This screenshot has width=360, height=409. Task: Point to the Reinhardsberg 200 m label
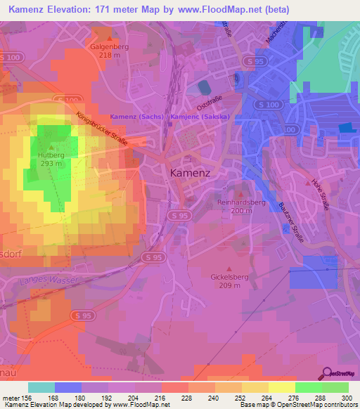(242, 206)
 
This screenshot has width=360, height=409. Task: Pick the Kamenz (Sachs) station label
(138, 117)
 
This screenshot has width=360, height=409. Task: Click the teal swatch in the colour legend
(41, 387)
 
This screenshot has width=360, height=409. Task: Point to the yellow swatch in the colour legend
(282, 387)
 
